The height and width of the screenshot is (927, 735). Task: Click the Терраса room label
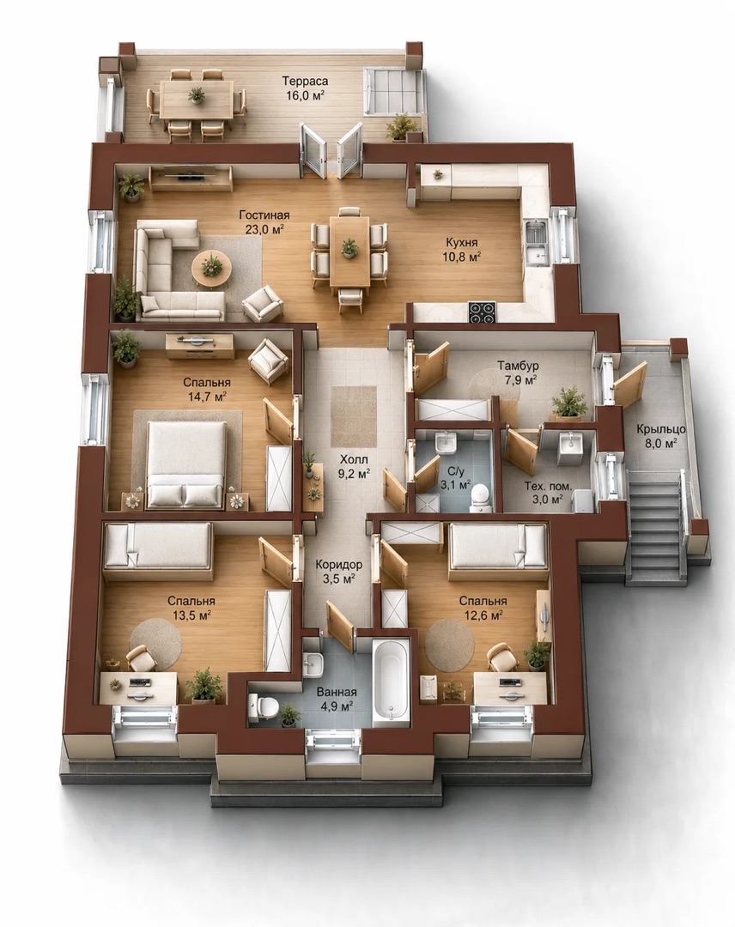(x=305, y=81)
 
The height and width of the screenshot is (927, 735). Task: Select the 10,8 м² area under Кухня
(x=462, y=256)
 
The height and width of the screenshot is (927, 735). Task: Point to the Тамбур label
(x=518, y=366)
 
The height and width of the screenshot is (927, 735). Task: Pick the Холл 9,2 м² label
(x=354, y=466)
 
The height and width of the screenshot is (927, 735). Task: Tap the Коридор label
(x=339, y=564)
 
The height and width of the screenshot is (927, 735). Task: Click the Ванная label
(x=336, y=692)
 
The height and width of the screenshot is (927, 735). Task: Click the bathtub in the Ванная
(x=391, y=679)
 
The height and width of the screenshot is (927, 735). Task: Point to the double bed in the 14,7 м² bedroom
(x=185, y=464)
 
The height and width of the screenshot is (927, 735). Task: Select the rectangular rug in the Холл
(x=355, y=417)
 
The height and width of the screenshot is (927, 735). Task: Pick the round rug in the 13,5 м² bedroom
(x=155, y=645)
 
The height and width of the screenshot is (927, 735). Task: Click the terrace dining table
(x=197, y=100)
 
